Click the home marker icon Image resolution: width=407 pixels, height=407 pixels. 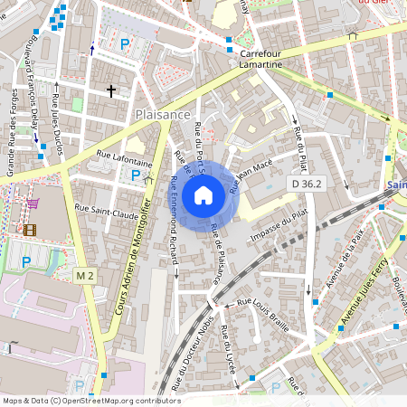tap(203, 194)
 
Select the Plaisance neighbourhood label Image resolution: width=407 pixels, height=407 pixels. tap(162, 115)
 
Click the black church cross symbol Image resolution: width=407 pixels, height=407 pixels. tap(111, 90)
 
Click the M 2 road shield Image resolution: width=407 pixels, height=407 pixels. tap(85, 275)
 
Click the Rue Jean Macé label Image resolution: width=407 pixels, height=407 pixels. tap(251, 175)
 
